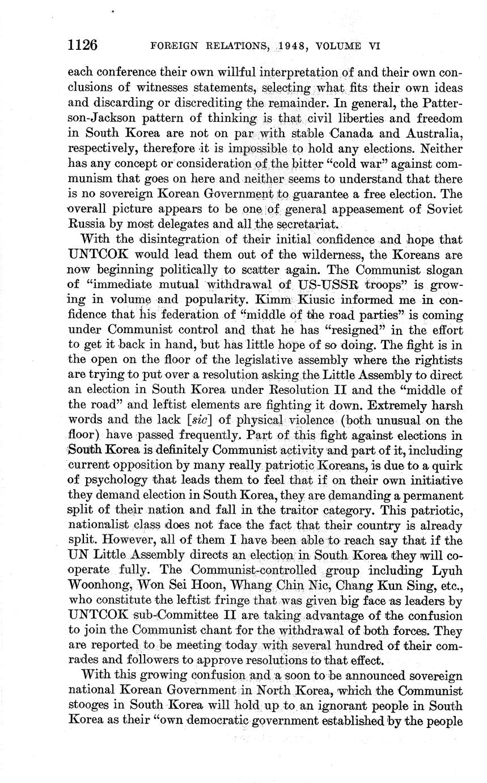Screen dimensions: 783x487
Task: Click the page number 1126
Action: [x=83, y=44]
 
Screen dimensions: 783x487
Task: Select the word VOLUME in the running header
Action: [x=339, y=46]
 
